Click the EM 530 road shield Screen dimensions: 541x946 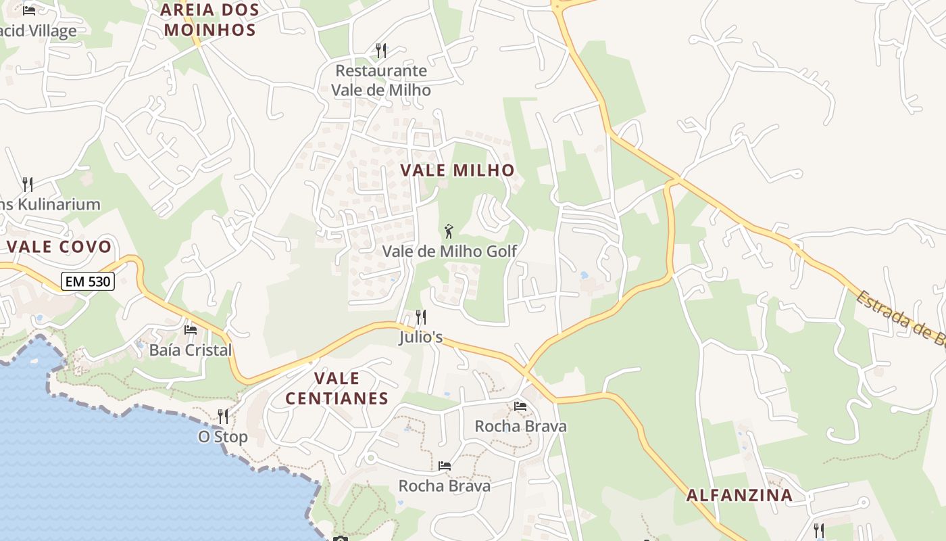tap(88, 281)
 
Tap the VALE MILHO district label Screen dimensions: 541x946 tap(457, 170)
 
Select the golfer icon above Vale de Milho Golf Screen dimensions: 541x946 tap(449, 231)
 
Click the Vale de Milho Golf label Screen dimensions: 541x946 tap(449, 252)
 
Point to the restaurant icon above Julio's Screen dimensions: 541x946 tap(420, 316)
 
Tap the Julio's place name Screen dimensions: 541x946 tap(420, 336)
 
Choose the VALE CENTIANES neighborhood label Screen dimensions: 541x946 tap(337, 388)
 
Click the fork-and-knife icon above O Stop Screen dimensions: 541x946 tap(222, 416)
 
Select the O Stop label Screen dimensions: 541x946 tap(222, 437)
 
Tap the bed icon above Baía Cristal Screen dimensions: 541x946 tap(191, 330)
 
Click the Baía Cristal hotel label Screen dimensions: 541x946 tap(191, 350)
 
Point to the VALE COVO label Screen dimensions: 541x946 tap(59, 246)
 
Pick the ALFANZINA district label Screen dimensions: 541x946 tap(739, 495)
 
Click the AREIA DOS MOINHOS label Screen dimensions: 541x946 tap(209, 20)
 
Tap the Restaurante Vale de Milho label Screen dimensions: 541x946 tap(380, 80)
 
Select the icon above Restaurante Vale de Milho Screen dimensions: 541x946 tap(381, 50)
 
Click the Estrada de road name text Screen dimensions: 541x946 tap(902, 317)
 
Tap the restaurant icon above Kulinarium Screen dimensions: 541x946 tap(28, 183)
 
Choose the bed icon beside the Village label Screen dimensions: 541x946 tap(28, 10)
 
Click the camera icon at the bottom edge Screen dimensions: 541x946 tap(340, 538)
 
